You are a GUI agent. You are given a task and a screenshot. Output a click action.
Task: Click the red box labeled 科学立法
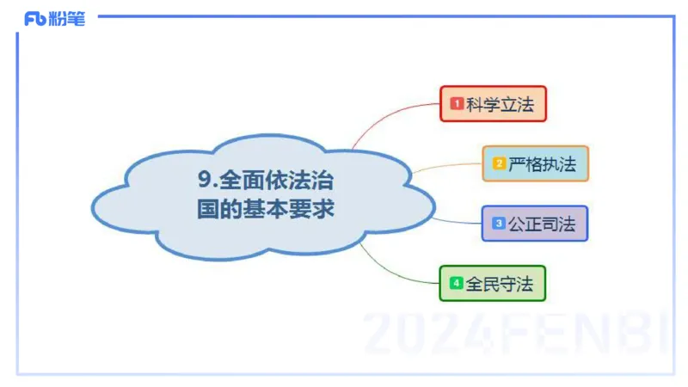click(x=493, y=104)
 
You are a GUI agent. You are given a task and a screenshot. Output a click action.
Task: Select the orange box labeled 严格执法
click(x=535, y=163)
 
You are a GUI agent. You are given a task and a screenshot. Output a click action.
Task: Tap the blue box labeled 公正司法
click(x=534, y=223)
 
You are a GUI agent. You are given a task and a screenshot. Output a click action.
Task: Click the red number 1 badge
click(x=457, y=104)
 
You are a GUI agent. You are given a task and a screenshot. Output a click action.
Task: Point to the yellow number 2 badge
click(x=499, y=163)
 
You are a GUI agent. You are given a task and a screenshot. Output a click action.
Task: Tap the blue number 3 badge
click(x=498, y=223)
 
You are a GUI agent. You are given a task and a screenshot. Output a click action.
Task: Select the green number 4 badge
click(x=457, y=283)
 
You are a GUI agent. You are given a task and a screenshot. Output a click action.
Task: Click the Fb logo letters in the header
click(x=35, y=19)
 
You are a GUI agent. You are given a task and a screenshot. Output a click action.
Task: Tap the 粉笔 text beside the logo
click(x=67, y=19)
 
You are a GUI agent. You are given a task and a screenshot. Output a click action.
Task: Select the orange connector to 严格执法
click(x=447, y=165)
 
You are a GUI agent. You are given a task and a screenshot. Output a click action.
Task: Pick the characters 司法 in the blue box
click(x=558, y=223)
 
